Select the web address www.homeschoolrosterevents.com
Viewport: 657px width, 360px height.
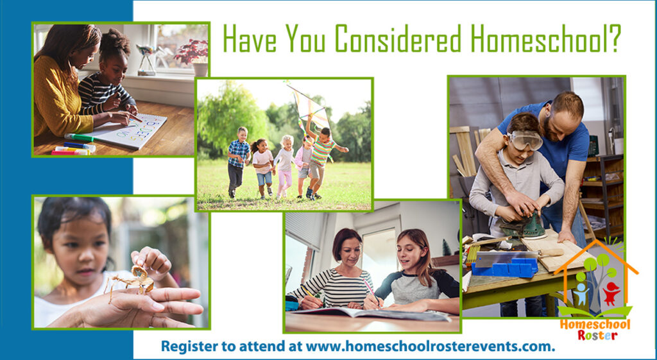tap(431, 347)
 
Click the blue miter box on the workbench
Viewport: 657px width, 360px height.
tap(505, 266)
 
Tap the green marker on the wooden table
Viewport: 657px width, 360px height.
tap(80, 137)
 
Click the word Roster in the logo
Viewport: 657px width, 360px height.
tap(594, 335)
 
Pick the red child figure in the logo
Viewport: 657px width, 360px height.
tap(611, 293)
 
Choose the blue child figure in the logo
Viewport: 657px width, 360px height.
tap(581, 293)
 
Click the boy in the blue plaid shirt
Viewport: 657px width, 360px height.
tap(238, 161)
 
